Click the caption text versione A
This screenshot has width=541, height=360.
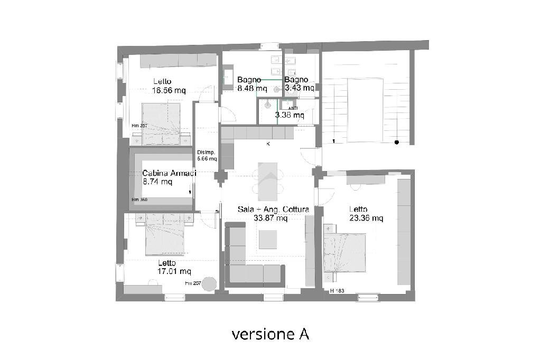tap(270, 334)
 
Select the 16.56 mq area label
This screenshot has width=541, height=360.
tap(169, 90)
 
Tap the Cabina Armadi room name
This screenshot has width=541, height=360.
tap(169, 173)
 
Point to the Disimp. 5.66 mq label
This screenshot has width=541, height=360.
tap(207, 155)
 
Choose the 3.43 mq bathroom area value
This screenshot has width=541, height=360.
tap(300, 88)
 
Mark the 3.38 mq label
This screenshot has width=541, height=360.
tap(289, 115)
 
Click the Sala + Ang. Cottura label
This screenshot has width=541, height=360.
tap(273, 210)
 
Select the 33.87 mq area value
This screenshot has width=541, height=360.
tap(270, 218)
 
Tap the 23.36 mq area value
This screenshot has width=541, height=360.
tap(366, 217)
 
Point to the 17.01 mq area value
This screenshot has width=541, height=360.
tap(174, 271)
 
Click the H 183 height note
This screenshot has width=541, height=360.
tap(337, 291)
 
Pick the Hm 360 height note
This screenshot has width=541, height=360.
tap(139, 200)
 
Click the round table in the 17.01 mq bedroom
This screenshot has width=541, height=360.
tap(209, 284)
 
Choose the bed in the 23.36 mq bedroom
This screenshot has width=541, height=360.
tap(344, 252)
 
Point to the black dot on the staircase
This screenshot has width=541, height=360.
tap(396, 142)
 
